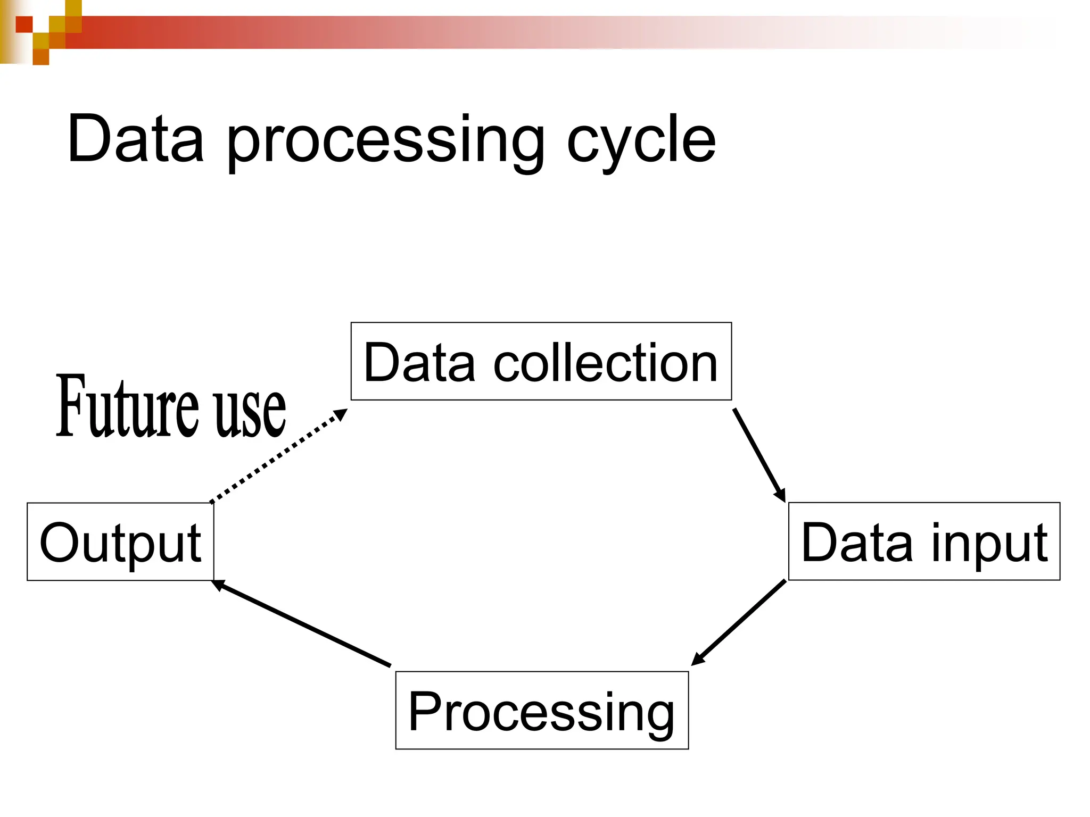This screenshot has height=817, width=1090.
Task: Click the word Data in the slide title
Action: (136, 139)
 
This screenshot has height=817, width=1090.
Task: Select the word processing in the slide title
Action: (386, 141)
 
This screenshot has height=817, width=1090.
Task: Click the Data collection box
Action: (541, 361)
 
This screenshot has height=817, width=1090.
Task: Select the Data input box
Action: (924, 541)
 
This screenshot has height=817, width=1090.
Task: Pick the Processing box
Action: (542, 710)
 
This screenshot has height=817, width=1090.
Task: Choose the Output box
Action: (120, 541)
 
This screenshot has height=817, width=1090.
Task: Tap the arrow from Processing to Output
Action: (303, 623)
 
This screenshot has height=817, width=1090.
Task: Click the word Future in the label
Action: (128, 407)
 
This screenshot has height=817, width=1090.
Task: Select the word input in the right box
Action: (990, 543)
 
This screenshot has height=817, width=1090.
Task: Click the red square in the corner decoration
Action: (24, 24)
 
